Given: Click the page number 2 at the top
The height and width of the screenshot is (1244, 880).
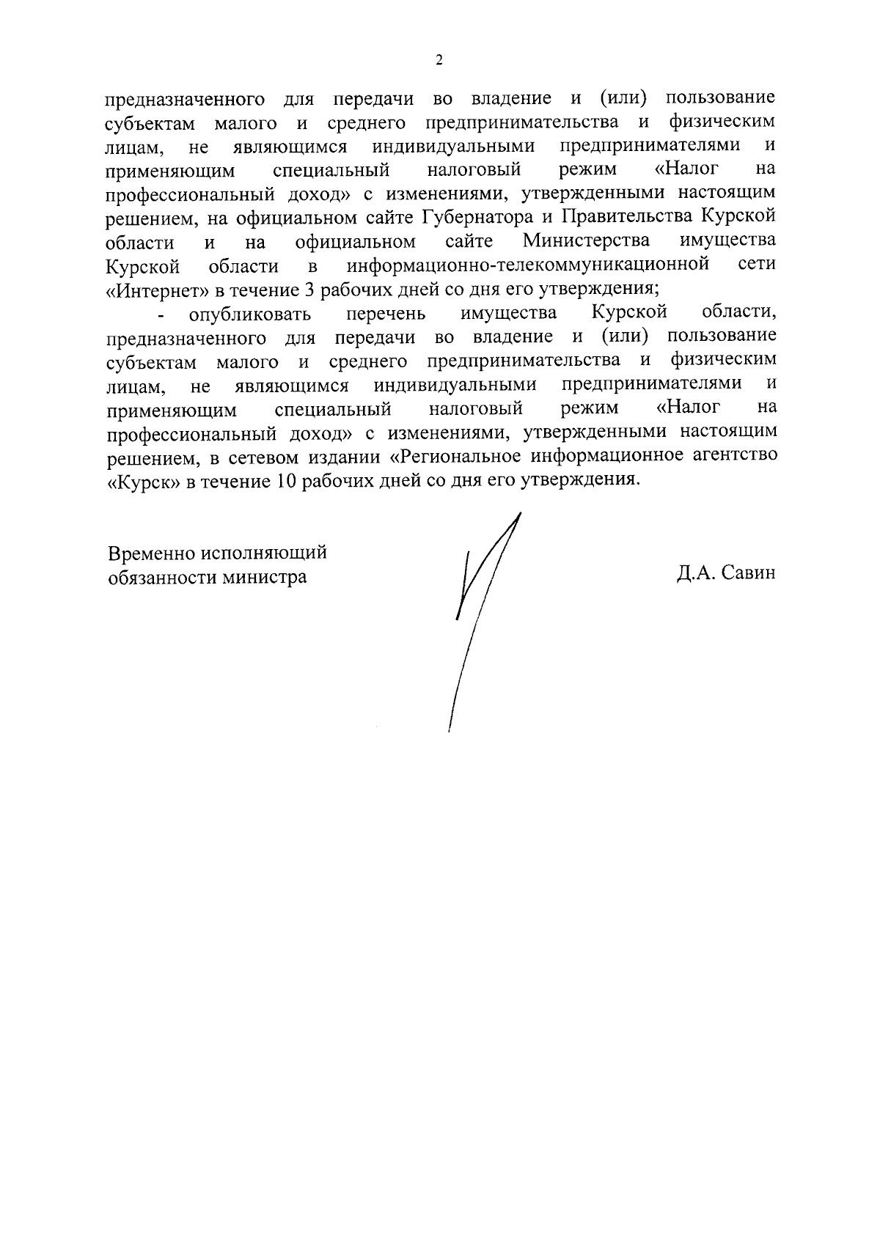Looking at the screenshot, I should pyautogui.click(x=439, y=61).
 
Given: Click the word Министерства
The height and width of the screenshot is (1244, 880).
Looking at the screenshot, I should pyautogui.click(x=586, y=241).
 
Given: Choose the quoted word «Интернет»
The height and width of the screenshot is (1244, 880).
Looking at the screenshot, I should pyautogui.click(x=158, y=289).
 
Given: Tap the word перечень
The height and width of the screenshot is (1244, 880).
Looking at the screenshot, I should pyautogui.click(x=386, y=314).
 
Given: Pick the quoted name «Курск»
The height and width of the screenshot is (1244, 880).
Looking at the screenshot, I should pyautogui.click(x=144, y=481).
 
